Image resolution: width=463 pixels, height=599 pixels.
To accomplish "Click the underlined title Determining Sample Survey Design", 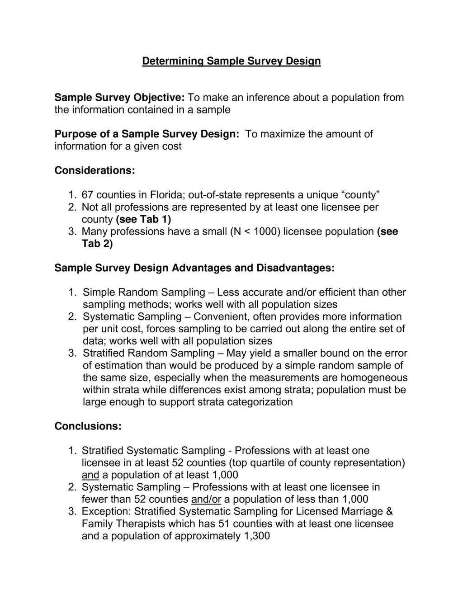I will click(231, 61).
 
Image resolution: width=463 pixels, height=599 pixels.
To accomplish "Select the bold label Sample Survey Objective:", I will click(119, 98).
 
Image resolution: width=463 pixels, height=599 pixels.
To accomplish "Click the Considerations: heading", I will click(95, 170).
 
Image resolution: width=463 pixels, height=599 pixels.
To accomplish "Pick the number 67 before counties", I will click(88, 195).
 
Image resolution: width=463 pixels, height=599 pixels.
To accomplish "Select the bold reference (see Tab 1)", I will click(143, 219).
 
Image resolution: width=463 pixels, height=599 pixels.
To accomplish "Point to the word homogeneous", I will click(374, 377).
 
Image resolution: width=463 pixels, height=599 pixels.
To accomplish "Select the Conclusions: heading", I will click(88, 426).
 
